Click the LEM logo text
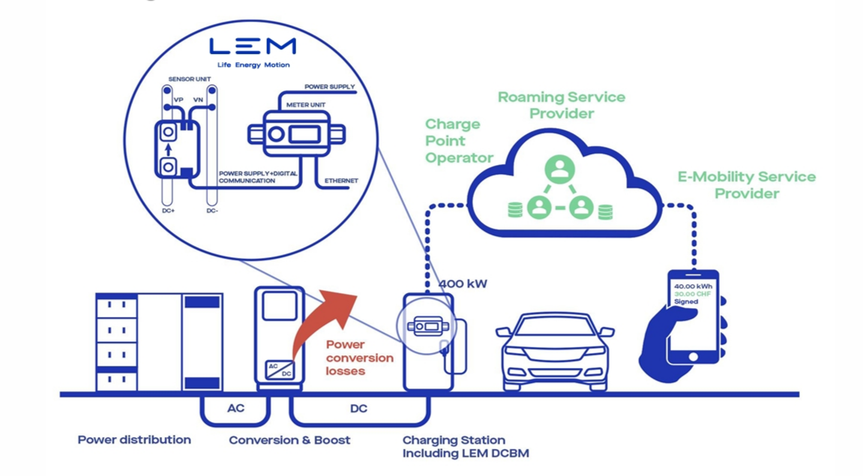click(x=252, y=46)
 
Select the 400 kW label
click(x=463, y=284)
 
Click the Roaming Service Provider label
click(x=561, y=105)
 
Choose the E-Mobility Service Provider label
click(x=746, y=184)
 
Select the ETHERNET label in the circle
click(x=341, y=181)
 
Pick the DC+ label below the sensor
click(x=168, y=211)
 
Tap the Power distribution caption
click(x=134, y=440)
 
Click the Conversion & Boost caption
click(x=289, y=440)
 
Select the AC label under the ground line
click(x=236, y=409)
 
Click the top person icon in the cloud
click(x=559, y=169)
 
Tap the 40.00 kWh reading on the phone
click(x=692, y=286)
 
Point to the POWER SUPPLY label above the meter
click(x=330, y=87)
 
